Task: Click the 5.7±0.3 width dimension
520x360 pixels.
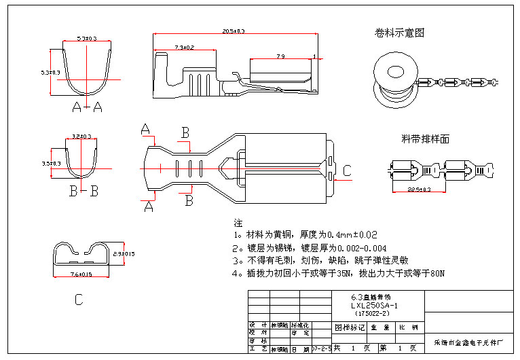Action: pyautogui.click(x=87, y=38)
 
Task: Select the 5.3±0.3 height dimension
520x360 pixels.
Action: pyautogui.click(x=50, y=72)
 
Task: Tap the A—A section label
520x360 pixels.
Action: pyautogui.click(x=87, y=107)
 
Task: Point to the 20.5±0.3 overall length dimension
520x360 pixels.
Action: pyautogui.click(x=234, y=31)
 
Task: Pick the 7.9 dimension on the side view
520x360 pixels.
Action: pyautogui.click(x=280, y=56)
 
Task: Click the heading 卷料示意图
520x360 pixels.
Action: pyautogui.click(x=400, y=33)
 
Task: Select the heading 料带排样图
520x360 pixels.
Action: pyautogui.click(x=426, y=139)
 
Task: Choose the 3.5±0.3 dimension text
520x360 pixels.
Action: pyautogui.click(x=51, y=164)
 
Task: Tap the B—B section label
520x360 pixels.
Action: pyautogui.click(x=84, y=192)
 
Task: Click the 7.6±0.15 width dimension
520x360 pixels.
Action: pyautogui.click(x=81, y=274)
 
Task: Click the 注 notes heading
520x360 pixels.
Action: pyautogui.click(x=238, y=223)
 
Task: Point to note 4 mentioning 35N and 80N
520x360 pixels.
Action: pyautogui.click(x=338, y=274)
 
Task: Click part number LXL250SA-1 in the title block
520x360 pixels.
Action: pyautogui.click(x=371, y=306)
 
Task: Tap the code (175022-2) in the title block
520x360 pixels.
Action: pyautogui.click(x=371, y=313)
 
